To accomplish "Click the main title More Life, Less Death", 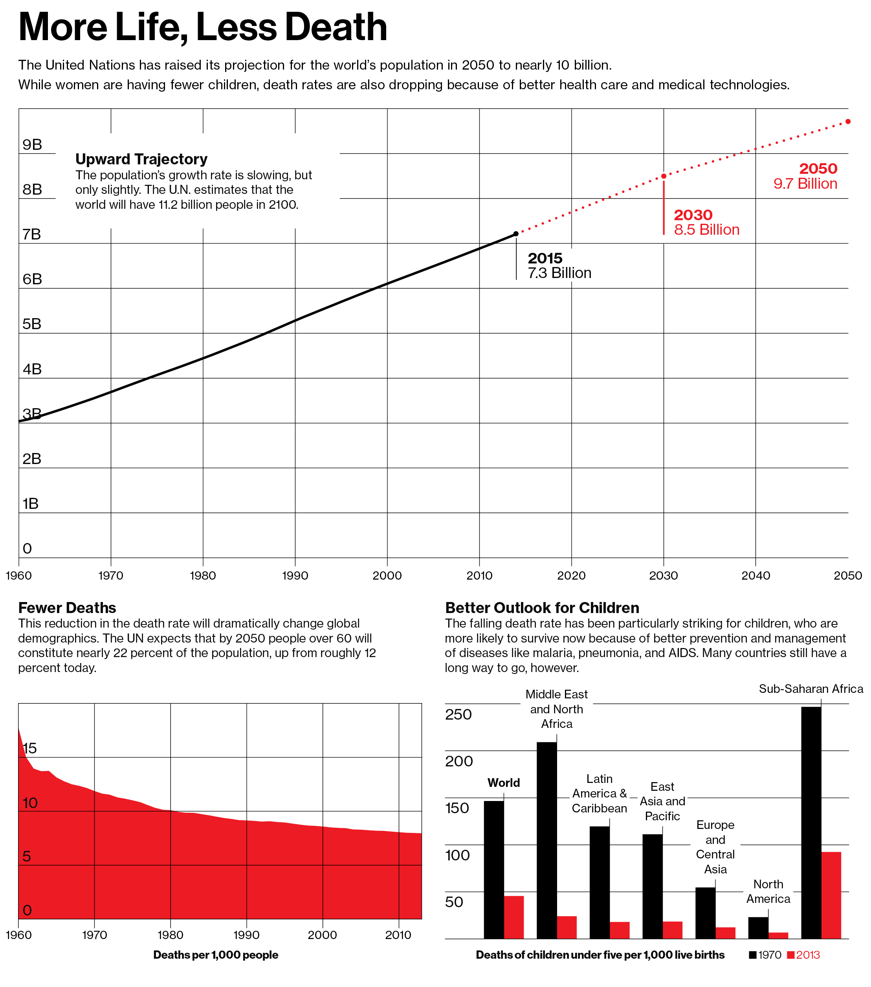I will coord(203,27).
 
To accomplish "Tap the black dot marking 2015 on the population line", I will coord(516,234).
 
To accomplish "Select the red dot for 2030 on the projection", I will coord(664,176).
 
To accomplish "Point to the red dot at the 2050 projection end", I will coord(848,122).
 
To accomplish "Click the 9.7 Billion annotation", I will coord(805,184).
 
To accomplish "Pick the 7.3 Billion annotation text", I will coord(559,273).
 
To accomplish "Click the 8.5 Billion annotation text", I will coord(706,230).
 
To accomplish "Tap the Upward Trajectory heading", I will coord(141,159).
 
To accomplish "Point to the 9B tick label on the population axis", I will coord(32,144).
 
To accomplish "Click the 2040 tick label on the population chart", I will coord(755,576).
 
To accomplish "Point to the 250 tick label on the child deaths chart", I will coord(458,714).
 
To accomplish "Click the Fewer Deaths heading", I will coord(67,608).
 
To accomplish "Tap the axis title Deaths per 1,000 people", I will coord(216,955).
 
